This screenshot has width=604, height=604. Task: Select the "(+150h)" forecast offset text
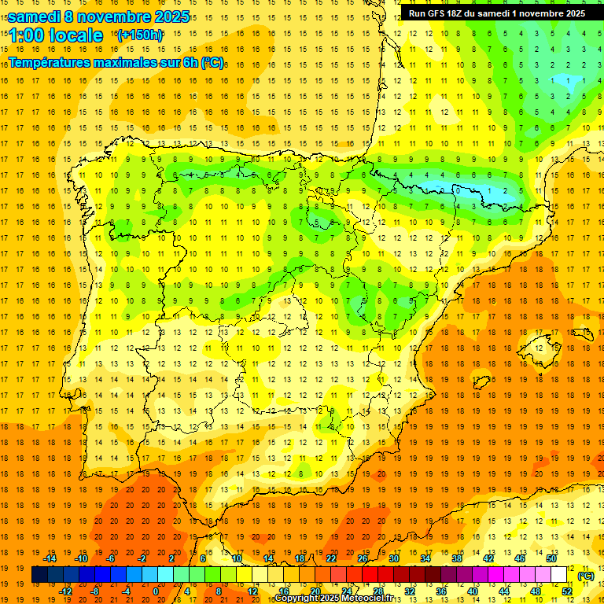pos(140,35)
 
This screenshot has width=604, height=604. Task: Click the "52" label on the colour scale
pos(568,591)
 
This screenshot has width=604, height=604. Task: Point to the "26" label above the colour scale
pos(363,558)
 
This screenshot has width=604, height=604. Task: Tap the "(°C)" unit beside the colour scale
pos(586,576)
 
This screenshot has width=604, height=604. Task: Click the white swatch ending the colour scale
pos(559,575)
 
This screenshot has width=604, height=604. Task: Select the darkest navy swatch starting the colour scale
pos(39,575)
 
